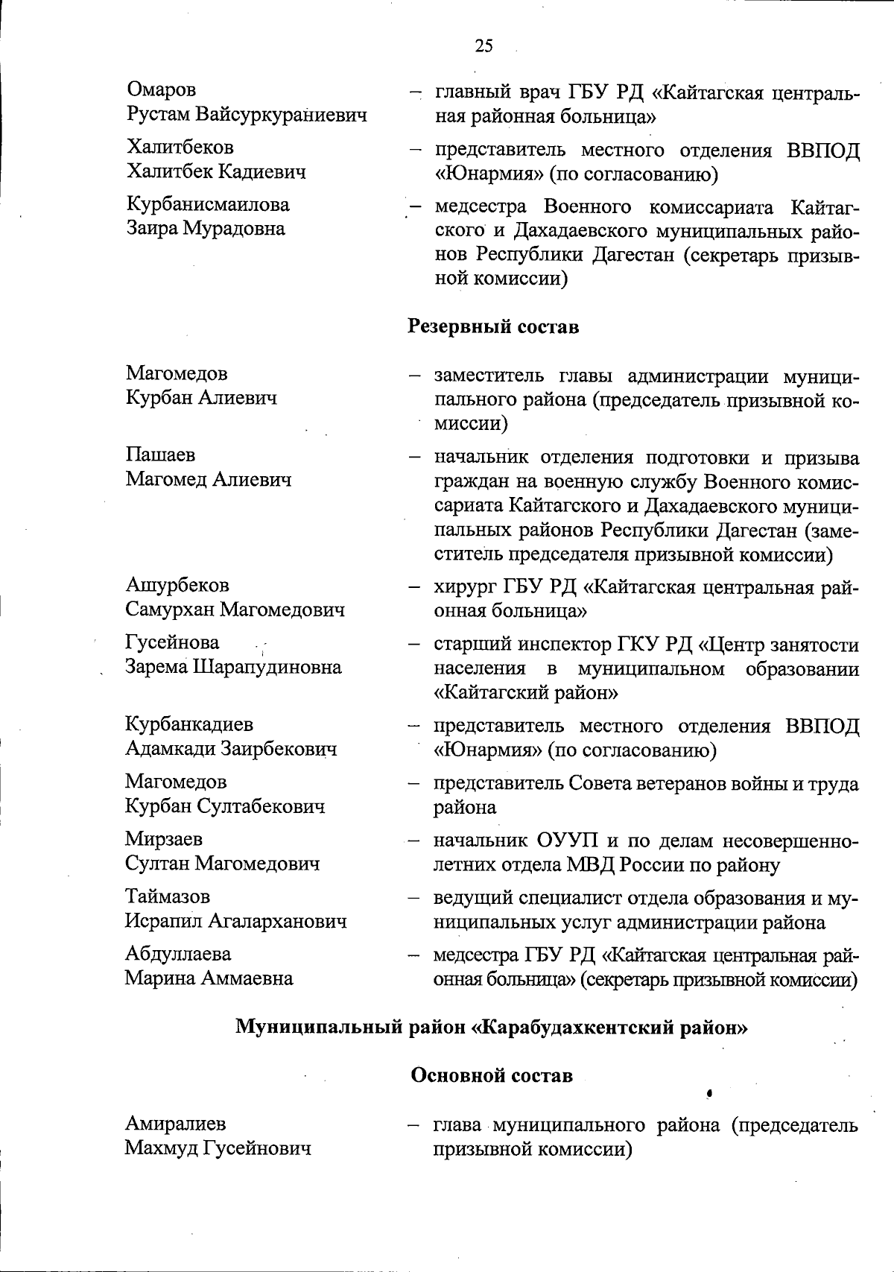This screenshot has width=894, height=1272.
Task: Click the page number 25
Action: (484, 46)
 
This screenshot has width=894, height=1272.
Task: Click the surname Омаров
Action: (162, 90)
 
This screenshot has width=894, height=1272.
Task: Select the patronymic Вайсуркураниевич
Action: (282, 115)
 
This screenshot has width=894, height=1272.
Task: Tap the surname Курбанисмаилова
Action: (208, 204)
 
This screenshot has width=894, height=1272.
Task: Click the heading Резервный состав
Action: (493, 326)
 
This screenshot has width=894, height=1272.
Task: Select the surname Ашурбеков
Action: (177, 586)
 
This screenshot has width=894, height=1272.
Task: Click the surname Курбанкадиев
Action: (189, 724)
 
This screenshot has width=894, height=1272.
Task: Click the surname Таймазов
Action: (168, 896)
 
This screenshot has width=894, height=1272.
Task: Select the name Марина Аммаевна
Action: (209, 978)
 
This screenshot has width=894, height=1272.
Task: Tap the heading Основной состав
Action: (492, 1075)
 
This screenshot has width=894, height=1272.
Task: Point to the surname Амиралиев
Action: (176, 1123)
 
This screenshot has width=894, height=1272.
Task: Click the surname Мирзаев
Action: (164, 839)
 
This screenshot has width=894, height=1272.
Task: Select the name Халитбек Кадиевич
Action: (216, 172)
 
